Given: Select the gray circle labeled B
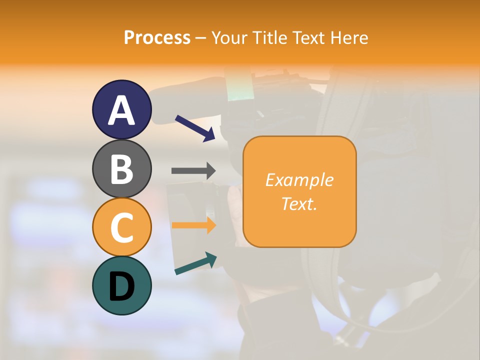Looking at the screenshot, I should coord(121,168).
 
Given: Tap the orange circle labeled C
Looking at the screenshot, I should coord(121,227).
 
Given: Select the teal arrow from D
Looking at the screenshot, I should coord(195,263).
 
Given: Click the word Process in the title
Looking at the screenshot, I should coord(157,38).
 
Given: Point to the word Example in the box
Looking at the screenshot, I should coord(299,180).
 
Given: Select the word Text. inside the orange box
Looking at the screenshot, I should coord(299,203).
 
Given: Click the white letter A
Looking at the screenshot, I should coord(121,110).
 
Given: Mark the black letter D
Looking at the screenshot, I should coord(121,286).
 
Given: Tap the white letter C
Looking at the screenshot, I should coord(121,227).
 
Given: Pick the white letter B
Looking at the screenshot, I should coord(121,169).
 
